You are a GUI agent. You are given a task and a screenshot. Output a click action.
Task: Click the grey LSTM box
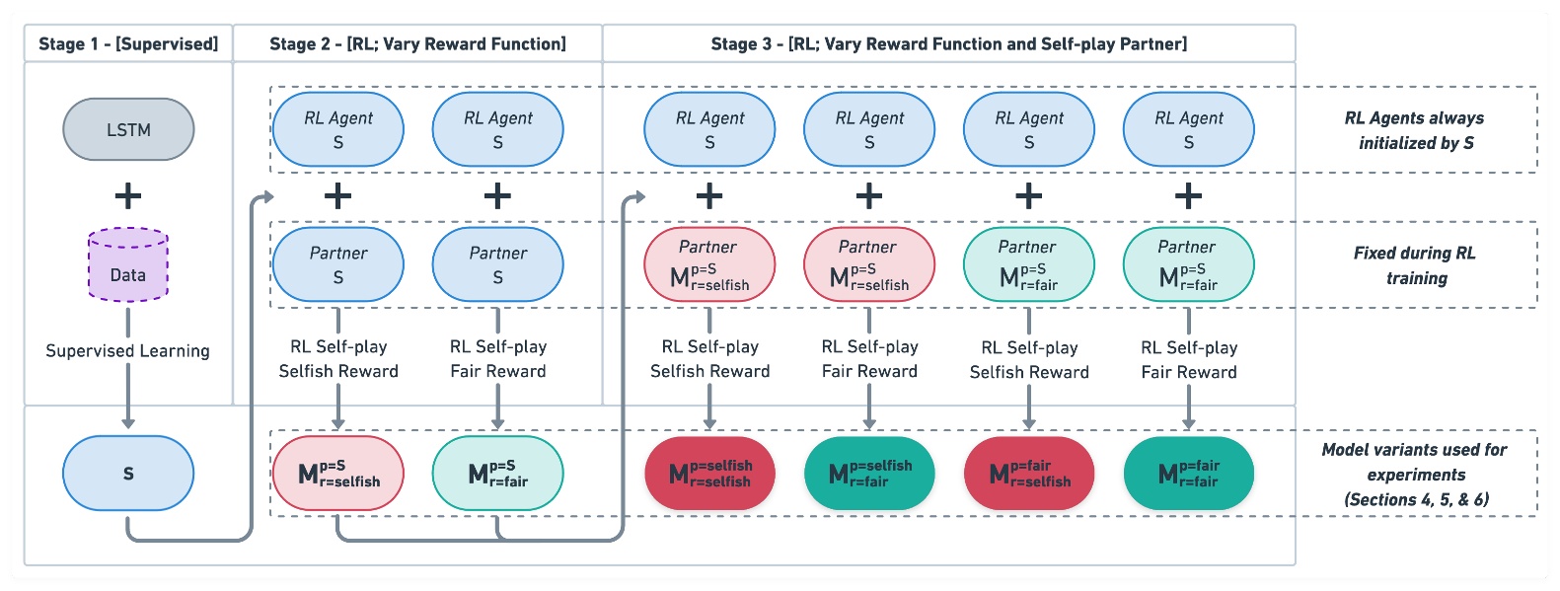point(128,129)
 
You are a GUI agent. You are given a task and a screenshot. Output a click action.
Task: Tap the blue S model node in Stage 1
point(128,474)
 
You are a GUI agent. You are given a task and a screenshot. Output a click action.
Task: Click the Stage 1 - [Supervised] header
point(128,43)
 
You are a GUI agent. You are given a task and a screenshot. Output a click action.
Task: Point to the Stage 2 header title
point(417,43)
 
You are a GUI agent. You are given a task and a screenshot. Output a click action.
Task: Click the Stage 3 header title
point(948,43)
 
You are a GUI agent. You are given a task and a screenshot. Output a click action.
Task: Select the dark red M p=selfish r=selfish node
point(709,474)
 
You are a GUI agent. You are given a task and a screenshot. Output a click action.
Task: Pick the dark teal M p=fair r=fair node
point(1188,474)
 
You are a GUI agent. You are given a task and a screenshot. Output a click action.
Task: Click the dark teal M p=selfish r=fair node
point(869,474)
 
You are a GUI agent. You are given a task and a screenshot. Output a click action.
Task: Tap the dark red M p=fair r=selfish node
point(1029,474)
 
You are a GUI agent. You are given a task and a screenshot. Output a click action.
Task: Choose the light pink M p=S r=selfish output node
point(338,474)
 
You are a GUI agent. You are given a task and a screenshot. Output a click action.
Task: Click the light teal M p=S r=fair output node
point(497,474)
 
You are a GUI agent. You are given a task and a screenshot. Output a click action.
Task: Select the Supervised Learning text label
point(128,351)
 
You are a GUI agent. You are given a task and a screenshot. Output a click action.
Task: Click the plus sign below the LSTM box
point(128,196)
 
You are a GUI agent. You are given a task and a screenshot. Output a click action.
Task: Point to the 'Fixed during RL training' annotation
point(1415,265)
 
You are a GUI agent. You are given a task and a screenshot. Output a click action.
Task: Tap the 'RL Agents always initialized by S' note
point(1415,130)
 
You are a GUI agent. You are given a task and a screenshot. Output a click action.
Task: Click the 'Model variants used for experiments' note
point(1415,474)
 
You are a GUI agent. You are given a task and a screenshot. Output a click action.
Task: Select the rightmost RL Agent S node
point(1188,129)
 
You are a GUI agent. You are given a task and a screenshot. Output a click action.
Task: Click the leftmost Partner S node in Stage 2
point(338,264)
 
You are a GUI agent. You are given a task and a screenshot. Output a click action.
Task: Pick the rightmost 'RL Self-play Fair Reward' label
point(1188,360)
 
